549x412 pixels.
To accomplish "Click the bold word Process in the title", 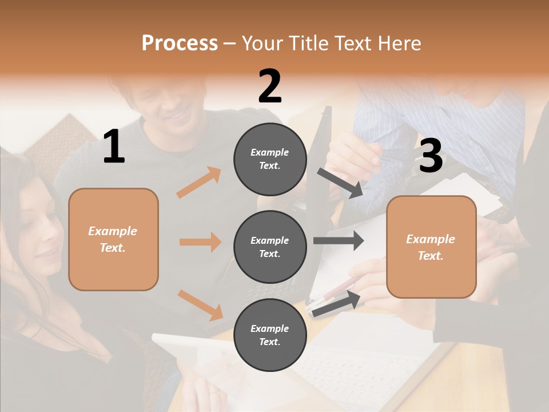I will point(180,43).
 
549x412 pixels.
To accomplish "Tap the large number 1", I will point(114,147).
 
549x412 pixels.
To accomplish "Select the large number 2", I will point(270,86).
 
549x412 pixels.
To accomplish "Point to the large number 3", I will point(431,156).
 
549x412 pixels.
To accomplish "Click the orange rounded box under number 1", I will point(113,239).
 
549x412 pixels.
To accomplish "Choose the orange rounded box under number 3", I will point(431,247).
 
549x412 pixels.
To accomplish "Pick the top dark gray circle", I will point(270,159).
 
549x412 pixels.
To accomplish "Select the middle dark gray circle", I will point(270,247).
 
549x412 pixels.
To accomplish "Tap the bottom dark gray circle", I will point(270,335).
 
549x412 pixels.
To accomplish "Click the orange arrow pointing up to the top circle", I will point(199,183).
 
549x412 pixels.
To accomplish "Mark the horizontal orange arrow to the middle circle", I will point(200,242).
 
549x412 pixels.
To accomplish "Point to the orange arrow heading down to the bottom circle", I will point(200,305).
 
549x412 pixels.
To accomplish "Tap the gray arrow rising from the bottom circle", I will point(336,303).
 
